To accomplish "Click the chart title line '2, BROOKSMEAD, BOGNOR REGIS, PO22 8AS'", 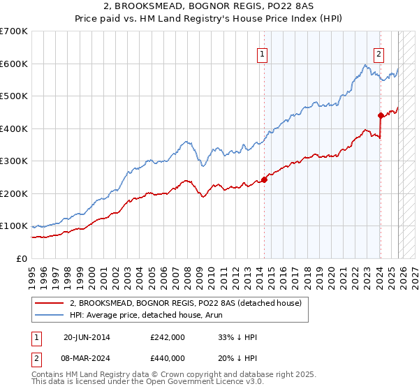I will click(209, 8).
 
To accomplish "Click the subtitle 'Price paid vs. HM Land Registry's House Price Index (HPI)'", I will click(209, 20).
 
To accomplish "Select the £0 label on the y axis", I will click(22, 258).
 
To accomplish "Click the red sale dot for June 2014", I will click(265, 179).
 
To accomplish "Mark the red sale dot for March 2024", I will click(380, 115).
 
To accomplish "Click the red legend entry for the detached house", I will click(185, 302).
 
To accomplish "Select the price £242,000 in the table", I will click(167, 337).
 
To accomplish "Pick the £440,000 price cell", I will click(167, 359).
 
